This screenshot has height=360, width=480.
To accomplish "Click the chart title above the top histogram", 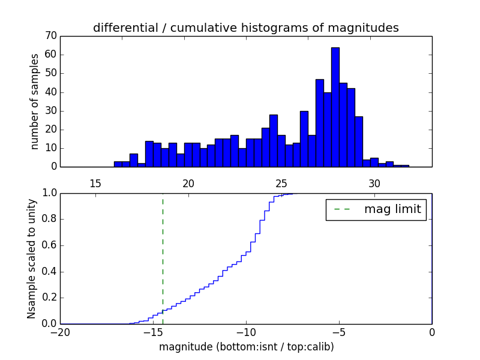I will (245, 28).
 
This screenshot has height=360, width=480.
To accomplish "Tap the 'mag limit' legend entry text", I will (392, 209).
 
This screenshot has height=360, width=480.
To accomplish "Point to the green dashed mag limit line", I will (163, 258).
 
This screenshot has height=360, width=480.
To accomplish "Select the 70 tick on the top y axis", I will (50, 36).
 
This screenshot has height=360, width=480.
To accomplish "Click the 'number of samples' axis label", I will (35, 101).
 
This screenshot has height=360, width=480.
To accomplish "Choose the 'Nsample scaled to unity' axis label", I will (31, 258).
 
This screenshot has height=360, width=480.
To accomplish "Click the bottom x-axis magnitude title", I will (246, 347).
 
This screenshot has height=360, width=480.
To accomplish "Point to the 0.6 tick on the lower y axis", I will (49, 245).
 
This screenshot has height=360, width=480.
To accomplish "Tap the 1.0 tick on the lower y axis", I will (49, 193).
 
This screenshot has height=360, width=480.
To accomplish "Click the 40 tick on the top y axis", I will (50, 92).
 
